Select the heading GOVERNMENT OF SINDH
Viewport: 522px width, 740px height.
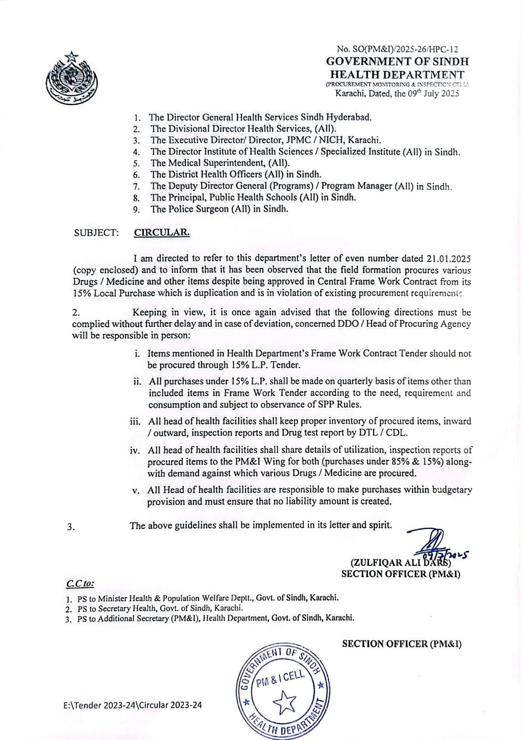coord(397,62)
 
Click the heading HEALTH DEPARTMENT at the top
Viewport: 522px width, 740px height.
coord(397,74)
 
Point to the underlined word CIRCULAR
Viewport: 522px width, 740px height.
coord(162,233)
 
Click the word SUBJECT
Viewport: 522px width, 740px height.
coord(96,233)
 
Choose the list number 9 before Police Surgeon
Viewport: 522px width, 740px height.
coord(137,209)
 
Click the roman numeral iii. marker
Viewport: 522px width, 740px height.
coord(135,422)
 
